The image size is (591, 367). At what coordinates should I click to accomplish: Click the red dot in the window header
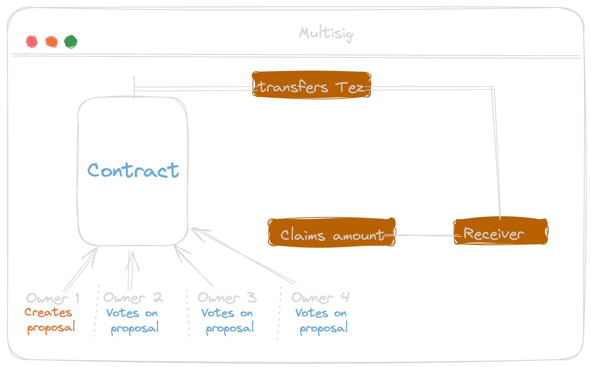pos(32,42)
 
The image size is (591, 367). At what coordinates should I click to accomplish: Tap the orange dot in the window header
pos(51,42)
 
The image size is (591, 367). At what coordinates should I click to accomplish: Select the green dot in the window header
pos(70,42)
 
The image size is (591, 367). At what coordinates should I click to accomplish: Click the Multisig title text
pos(326,34)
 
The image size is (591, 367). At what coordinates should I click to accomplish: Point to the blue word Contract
pos(133,170)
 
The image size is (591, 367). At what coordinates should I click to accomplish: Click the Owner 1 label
pos(53,298)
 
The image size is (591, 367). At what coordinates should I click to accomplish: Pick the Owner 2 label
pos(133,298)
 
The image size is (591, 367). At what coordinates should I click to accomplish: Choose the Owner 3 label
pos(227,298)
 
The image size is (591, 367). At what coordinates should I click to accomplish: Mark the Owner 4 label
pos(320,298)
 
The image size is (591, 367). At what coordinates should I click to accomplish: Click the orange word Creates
pos(48,312)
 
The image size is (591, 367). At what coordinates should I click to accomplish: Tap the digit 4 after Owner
pos(345,297)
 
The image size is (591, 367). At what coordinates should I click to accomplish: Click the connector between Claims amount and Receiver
pos(424,235)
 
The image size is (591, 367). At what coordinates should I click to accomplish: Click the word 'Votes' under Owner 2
pos(123,313)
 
